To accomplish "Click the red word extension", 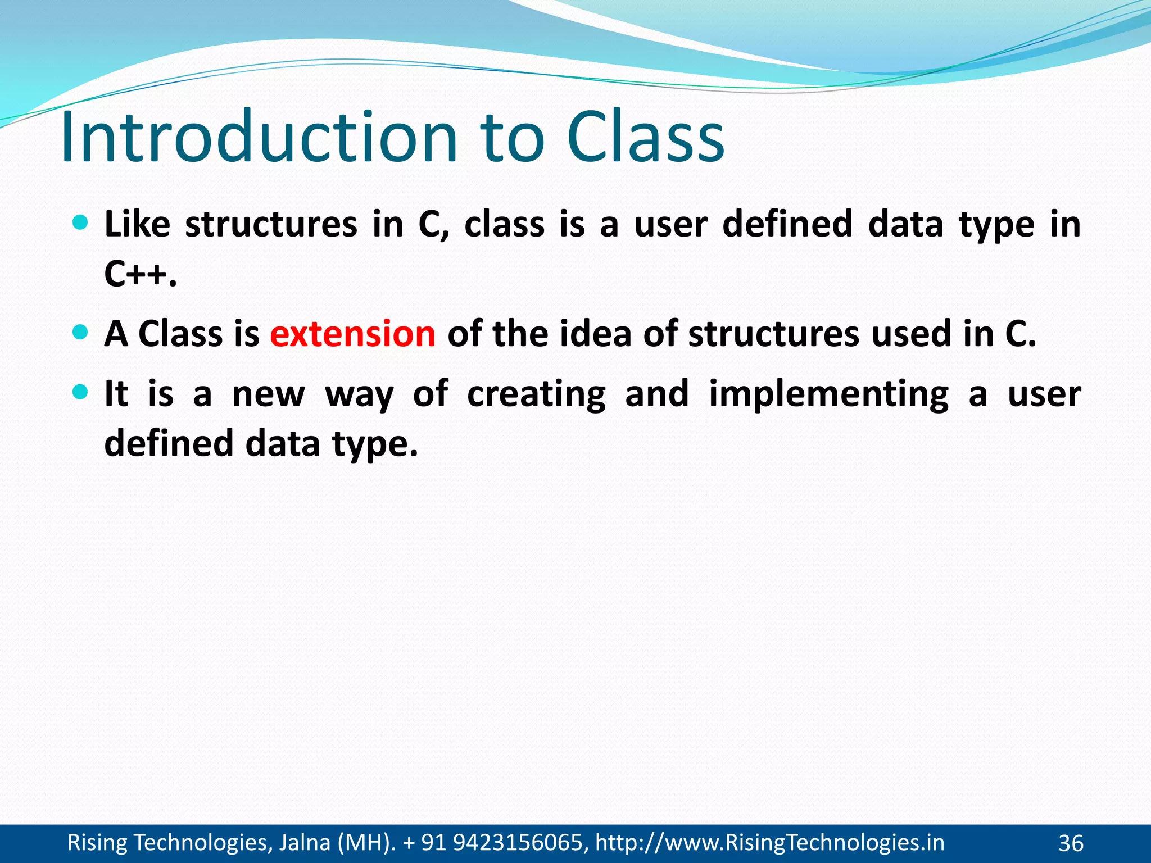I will point(352,333).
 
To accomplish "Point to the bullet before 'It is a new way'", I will point(81,392).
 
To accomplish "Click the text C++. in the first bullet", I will point(141,274).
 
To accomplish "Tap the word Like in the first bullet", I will point(137,224).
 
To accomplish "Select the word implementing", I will point(828,394).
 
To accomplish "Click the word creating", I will point(536,394).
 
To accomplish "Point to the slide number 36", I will point(1071,843).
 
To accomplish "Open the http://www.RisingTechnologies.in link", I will point(769,843).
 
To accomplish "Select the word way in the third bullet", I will point(359,395).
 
